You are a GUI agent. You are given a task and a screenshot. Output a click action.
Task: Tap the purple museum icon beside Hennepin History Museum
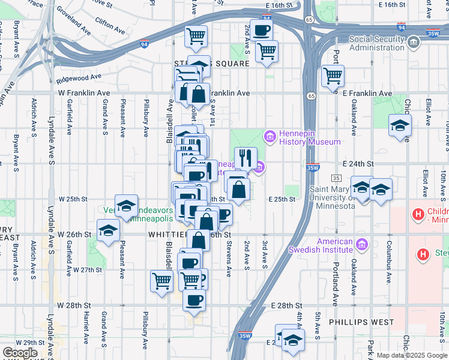pos(270,137)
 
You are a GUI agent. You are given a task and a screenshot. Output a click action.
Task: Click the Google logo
pos(20,352)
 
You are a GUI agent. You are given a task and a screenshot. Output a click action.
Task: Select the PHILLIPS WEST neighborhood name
pos(361,322)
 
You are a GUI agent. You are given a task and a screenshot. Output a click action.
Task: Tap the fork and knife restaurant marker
pos(246,158)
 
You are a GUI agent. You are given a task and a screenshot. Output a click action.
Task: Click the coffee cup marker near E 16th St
pos(261,29)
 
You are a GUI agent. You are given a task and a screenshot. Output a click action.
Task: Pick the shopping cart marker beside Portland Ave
pos(333,76)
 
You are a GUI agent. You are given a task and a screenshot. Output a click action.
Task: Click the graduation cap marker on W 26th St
pos(108,230)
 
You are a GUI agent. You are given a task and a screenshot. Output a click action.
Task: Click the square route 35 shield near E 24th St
pos(337,179)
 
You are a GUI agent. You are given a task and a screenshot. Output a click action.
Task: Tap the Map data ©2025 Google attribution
pos(411,355)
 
